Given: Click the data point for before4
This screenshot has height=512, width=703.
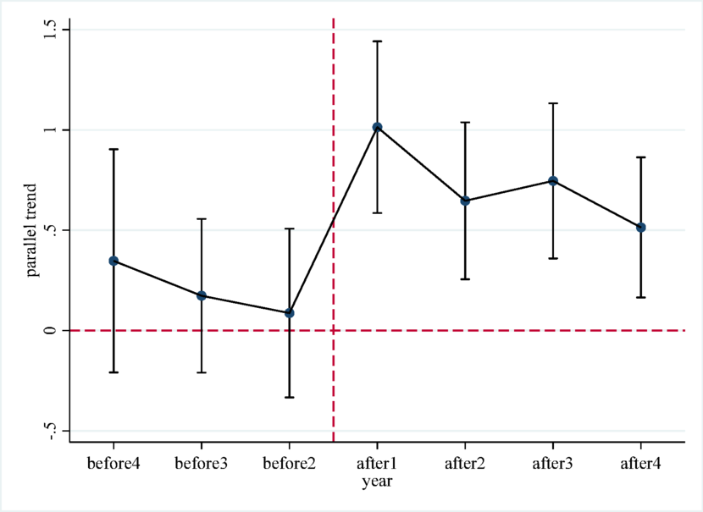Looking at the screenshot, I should [113, 261].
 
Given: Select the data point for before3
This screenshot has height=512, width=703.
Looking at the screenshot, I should [202, 295].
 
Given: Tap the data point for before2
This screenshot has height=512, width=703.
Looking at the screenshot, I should [290, 313].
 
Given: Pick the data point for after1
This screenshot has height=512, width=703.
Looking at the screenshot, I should [378, 127].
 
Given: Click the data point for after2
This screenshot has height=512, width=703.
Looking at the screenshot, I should [465, 201].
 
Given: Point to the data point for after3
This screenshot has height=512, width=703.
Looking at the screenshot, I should [553, 181].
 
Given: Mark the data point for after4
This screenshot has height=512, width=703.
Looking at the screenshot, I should [641, 228].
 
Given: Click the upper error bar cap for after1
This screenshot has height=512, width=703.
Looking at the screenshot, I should [378, 41].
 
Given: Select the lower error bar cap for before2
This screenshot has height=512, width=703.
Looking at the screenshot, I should [290, 397].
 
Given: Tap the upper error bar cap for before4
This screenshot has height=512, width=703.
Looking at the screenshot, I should [113, 149].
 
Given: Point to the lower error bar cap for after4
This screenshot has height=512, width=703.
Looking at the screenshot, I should [641, 297].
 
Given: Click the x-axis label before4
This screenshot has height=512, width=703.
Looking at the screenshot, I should [113, 464].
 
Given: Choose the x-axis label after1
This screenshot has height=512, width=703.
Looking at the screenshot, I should [378, 464].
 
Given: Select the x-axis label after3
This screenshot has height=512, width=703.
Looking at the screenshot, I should [553, 464].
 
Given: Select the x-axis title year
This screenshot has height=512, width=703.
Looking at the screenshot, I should [378, 482].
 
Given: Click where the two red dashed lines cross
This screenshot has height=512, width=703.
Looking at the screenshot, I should [334, 330].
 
